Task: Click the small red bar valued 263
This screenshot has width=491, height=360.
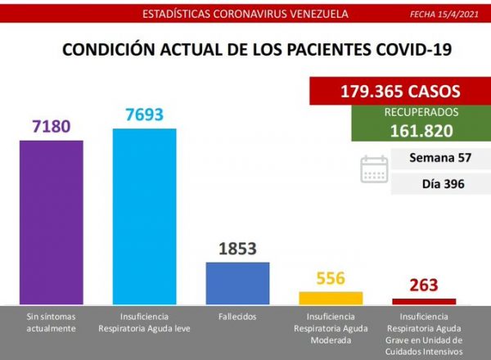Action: pyautogui.click(x=424, y=301)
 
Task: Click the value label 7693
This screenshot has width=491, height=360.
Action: pyautogui.click(x=144, y=115)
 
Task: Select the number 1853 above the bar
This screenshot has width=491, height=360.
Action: pyautogui.click(x=237, y=249)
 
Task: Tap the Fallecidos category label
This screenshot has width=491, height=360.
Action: pyautogui.click(x=237, y=316)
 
